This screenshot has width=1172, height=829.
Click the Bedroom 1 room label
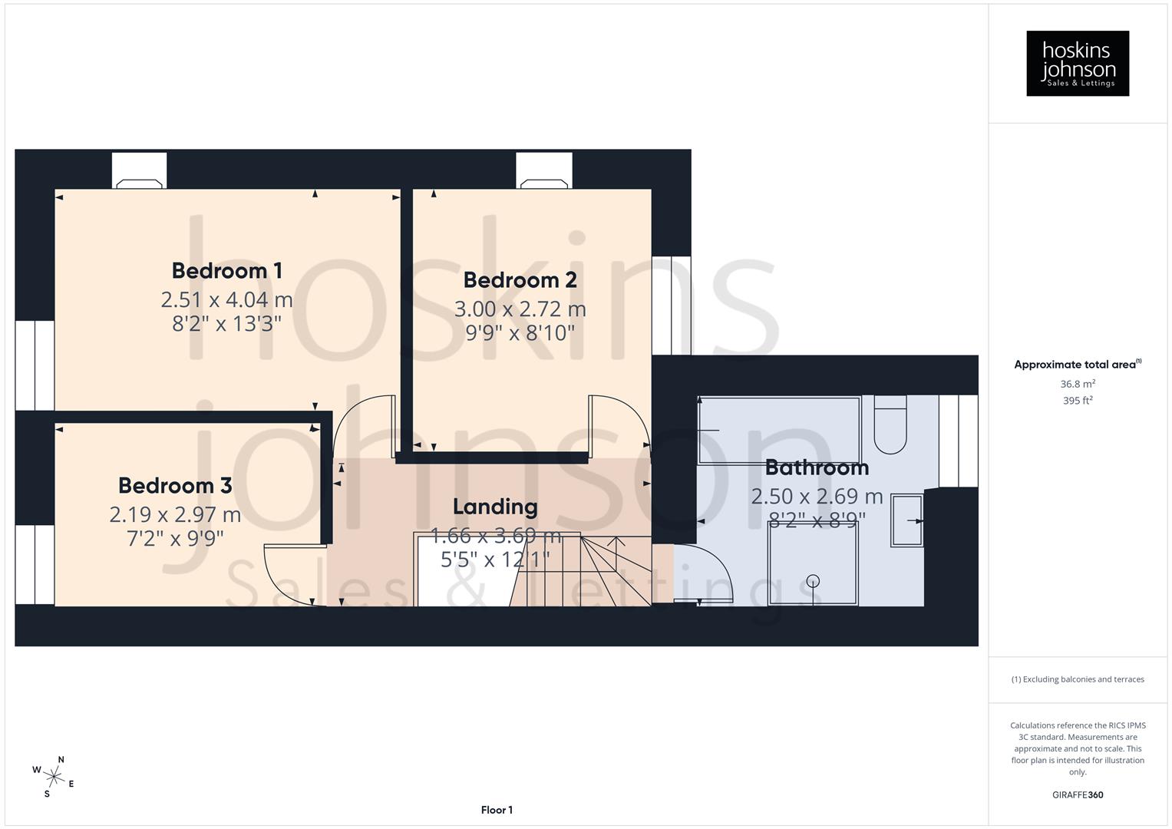pyautogui.click(x=226, y=271)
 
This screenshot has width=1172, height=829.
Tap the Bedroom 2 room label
pyautogui.click(x=520, y=280)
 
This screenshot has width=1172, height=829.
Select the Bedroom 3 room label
pyautogui.click(x=175, y=485)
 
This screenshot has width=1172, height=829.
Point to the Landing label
pyautogui.click(x=495, y=507)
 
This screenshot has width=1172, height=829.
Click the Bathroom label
pyautogui.click(x=817, y=467)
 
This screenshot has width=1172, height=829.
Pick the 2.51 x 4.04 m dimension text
pyautogui.click(x=226, y=299)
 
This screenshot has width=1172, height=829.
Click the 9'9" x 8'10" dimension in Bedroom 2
pyautogui.click(x=520, y=333)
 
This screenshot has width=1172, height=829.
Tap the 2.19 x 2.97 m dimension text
pyautogui.click(x=175, y=514)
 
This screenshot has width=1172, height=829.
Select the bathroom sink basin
pyautogui.click(x=907, y=520)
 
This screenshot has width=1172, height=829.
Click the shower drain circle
pyautogui.click(x=814, y=581)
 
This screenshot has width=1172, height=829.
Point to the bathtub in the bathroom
pyautogui.click(x=779, y=430)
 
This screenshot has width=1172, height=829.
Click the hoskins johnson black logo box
pyautogui.click(x=1078, y=64)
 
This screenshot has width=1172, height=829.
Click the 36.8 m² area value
pyautogui.click(x=1078, y=384)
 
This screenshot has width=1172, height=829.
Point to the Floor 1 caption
pyautogui.click(x=497, y=810)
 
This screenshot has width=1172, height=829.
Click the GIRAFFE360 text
pyautogui.click(x=1078, y=794)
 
